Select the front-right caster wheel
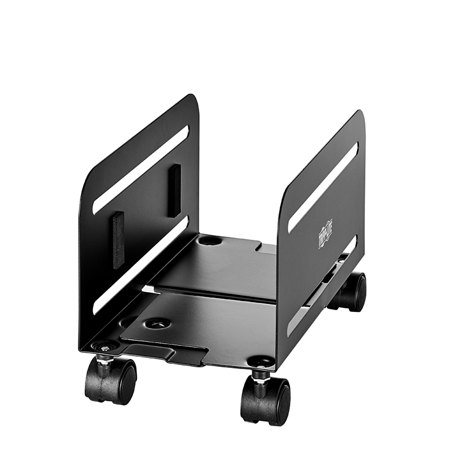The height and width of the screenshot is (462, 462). (x=266, y=400)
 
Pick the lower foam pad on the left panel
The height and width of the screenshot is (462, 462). (x=119, y=240)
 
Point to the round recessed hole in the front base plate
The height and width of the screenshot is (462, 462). (x=157, y=324)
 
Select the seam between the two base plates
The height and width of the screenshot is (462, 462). (x=214, y=293)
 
